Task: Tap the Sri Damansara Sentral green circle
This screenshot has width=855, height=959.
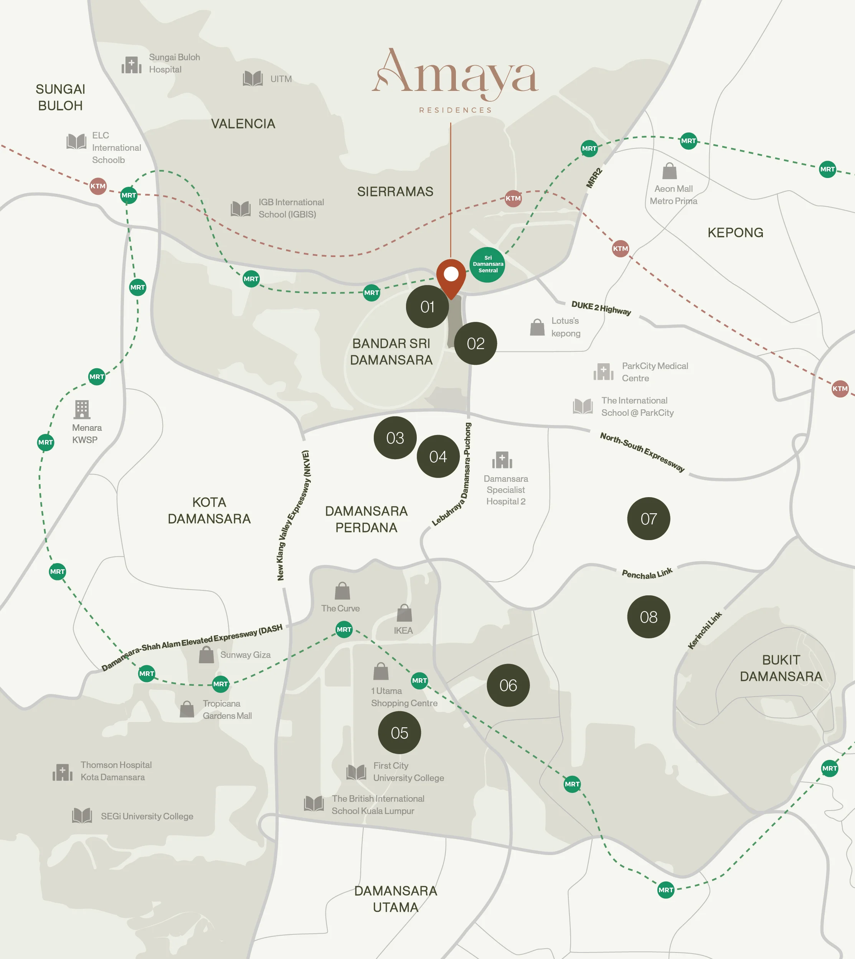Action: tap(488, 264)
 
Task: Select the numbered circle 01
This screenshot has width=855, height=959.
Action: tap(427, 306)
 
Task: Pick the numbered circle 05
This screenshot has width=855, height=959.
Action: tap(399, 733)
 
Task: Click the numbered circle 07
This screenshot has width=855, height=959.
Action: tap(648, 519)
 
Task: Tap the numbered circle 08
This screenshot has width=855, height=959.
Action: tap(648, 616)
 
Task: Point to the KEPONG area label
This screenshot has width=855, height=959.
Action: tap(735, 232)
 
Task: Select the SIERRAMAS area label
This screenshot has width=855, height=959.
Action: tap(395, 192)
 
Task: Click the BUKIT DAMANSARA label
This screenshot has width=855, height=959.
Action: tap(781, 668)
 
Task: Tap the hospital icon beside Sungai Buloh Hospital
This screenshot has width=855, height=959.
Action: tap(132, 65)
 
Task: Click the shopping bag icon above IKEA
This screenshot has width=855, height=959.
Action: tap(404, 613)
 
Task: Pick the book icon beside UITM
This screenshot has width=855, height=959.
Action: tap(253, 78)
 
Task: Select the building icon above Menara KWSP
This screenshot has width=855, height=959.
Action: tap(82, 409)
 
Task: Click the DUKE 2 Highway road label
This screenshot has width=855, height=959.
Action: tap(601, 308)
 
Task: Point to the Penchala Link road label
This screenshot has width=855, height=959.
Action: tap(647, 573)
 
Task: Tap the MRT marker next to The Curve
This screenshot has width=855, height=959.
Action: tap(344, 629)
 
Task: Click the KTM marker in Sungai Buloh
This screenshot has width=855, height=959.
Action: tap(98, 186)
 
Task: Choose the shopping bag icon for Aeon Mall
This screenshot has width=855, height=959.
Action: tap(669, 171)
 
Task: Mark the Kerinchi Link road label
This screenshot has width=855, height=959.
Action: tap(704, 630)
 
